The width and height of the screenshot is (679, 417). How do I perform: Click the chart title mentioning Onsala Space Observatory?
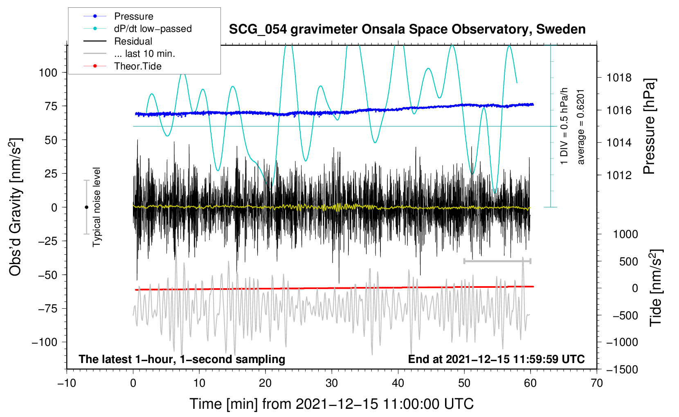tap(407, 29)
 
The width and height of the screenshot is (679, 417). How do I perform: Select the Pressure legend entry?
tap(119, 16)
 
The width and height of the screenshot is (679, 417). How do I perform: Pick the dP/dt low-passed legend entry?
tap(137, 29)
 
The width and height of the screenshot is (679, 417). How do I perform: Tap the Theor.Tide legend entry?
tap(122, 66)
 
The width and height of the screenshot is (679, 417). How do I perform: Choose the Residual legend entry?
tap(118, 41)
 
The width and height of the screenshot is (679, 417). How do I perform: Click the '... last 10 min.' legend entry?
tap(129, 54)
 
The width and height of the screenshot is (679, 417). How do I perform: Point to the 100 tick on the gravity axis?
tap(48, 73)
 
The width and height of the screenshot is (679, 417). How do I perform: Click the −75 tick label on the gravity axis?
tap(48, 309)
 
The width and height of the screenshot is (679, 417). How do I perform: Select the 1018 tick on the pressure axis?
tap(619, 78)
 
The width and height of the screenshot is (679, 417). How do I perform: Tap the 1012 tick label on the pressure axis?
tap(619, 175)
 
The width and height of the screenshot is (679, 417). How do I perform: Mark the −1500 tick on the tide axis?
tap(622, 370)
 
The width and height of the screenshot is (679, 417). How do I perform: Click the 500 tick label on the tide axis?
tap(628, 261)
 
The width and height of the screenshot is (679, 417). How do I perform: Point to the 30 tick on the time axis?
tap(332, 383)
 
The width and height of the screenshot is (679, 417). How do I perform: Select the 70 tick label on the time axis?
tap(596, 383)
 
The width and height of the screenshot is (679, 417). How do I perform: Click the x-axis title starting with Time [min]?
tap(332, 404)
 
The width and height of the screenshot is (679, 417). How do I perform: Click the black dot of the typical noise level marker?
tap(86, 207)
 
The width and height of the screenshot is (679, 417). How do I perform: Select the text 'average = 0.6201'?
tap(580, 127)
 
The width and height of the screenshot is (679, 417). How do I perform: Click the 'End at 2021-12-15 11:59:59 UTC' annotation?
tap(496, 359)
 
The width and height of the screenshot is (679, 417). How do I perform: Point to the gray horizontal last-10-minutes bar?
tap(497, 261)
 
